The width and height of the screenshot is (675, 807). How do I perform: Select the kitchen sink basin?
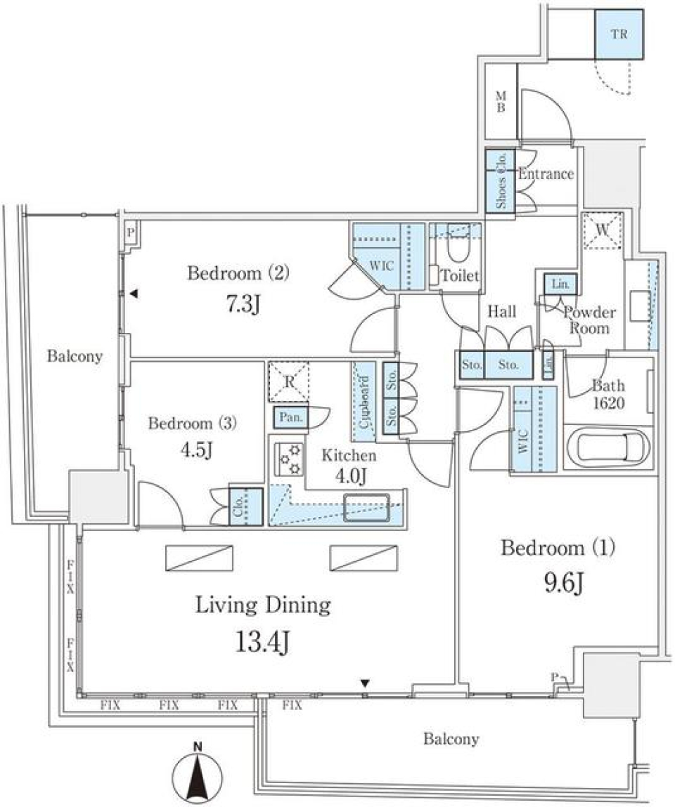(366, 506)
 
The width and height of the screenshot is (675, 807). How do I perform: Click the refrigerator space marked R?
(288, 381)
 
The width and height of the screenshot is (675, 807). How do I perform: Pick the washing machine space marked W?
(603, 230)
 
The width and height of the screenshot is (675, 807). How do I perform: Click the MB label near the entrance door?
(501, 102)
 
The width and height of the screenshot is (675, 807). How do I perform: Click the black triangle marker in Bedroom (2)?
(133, 296)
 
